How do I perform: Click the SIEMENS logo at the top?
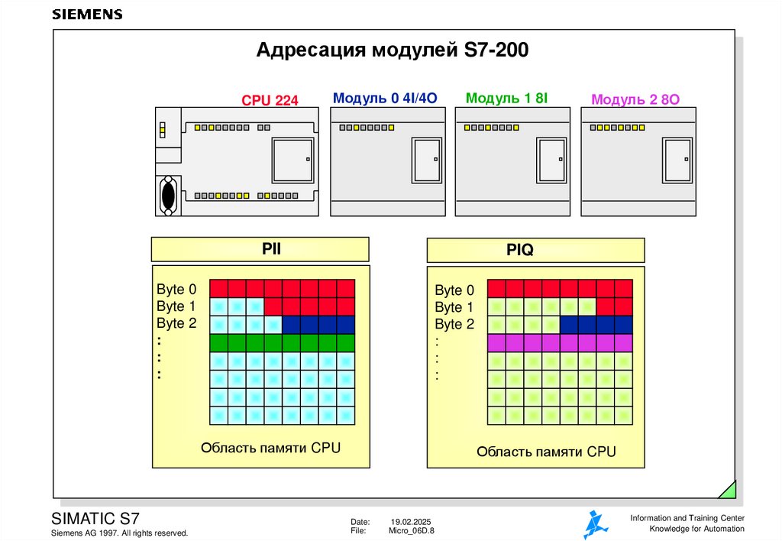86,15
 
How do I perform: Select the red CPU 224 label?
270,100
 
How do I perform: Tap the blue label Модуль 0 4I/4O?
385,98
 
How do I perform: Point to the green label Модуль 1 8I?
507,98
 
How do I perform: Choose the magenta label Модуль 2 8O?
635,99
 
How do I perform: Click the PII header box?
260,249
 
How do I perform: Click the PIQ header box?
535,250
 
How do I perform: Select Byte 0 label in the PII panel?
176,290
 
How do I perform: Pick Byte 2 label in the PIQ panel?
454,325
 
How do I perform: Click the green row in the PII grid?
282,342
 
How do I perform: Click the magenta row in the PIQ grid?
560,342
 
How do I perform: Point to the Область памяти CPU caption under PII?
270,448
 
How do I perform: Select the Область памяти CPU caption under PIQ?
546,452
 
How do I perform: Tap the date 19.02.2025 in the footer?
412,521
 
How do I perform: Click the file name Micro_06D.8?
411,530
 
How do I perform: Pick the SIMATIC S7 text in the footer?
95,517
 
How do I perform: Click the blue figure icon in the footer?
596,524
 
